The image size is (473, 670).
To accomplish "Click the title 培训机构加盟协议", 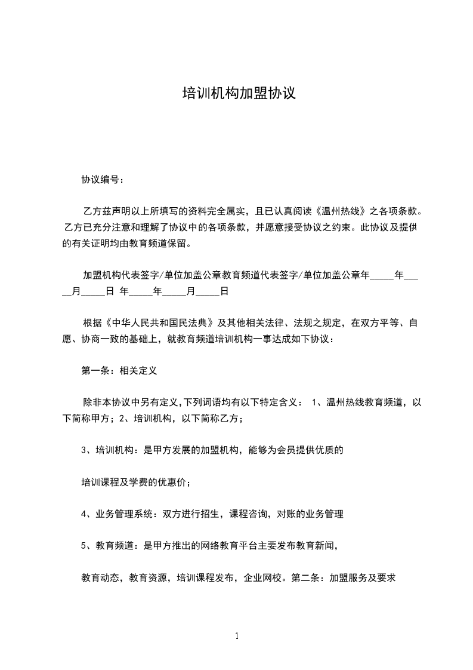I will click(239, 94).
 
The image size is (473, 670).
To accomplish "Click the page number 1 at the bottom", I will click(237, 636).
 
